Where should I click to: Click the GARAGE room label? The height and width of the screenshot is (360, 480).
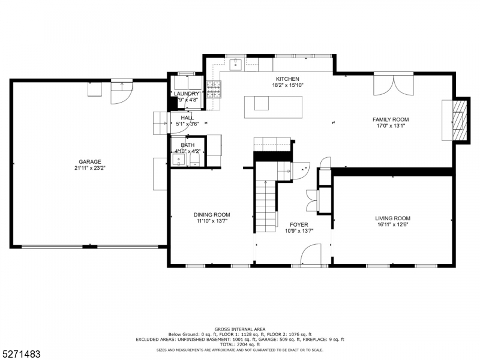point(89,162)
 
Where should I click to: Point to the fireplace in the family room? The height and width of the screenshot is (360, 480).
point(458,119)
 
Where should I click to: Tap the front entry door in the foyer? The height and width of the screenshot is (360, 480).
point(310,257)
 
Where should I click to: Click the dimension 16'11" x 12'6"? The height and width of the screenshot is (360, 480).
point(392,225)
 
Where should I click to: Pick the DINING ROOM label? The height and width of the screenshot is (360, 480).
point(211,215)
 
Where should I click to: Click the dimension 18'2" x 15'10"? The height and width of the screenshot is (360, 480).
point(287,85)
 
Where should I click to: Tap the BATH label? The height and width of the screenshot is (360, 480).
point(188,145)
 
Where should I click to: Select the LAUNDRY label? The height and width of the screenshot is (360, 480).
point(186,94)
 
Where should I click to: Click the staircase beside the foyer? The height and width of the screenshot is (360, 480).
point(266,207)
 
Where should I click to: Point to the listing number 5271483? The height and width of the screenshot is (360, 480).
point(21,354)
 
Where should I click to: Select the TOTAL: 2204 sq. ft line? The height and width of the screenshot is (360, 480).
point(240,344)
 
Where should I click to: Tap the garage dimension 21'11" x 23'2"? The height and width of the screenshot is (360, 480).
point(89,169)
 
